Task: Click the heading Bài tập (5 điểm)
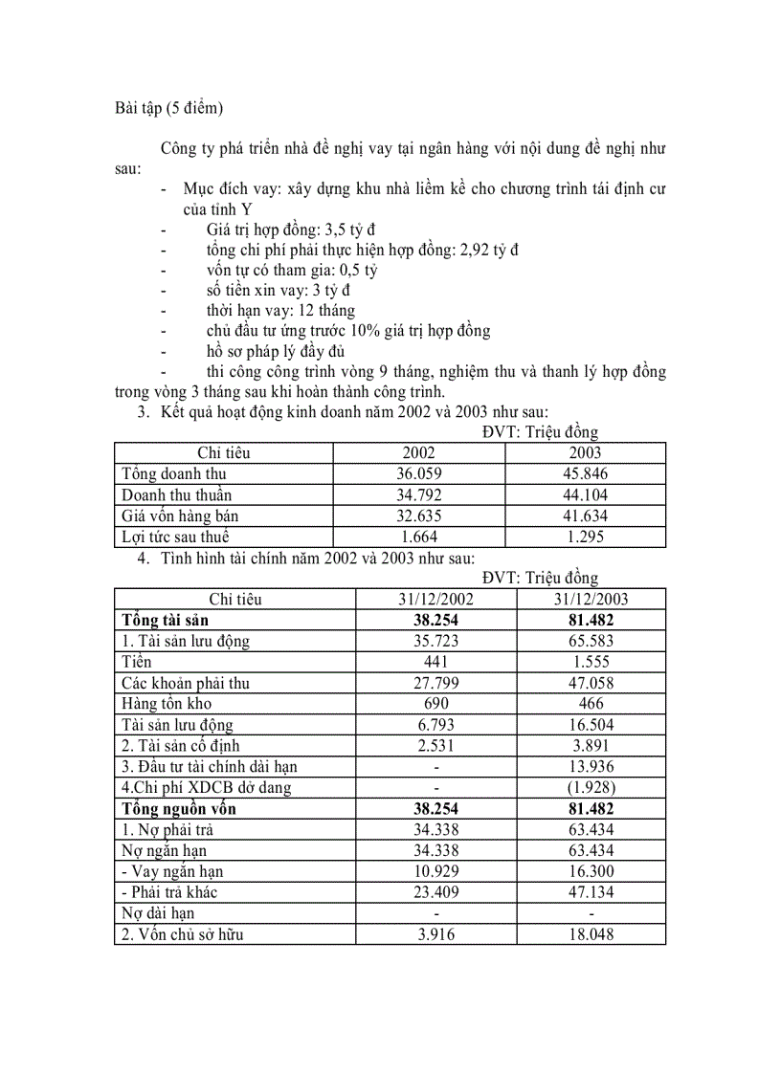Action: pos(168,108)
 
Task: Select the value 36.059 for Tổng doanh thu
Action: pos(418,473)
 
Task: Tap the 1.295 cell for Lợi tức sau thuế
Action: pos(585,537)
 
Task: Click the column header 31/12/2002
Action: pos(435,600)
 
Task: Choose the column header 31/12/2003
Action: pos(591,600)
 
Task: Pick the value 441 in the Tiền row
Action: pos(435,662)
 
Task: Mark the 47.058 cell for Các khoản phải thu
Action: pos(591,683)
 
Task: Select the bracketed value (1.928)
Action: pos(591,787)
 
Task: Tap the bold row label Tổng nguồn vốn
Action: pos(178,808)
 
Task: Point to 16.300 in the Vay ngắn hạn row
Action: pos(591,871)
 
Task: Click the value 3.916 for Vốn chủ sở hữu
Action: pos(435,934)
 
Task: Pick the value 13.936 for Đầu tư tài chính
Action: pos(591,766)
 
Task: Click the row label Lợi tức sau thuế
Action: pos(175,537)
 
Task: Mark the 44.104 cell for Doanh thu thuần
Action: pos(585,494)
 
